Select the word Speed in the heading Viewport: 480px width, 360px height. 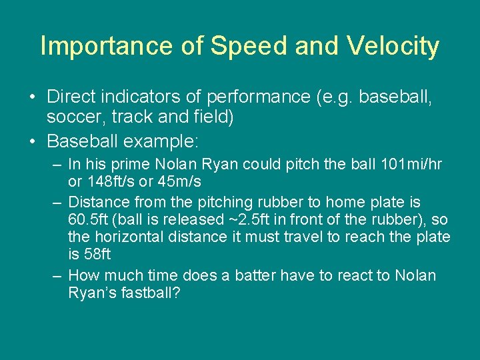click(237, 47)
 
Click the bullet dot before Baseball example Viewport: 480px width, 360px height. click(32, 142)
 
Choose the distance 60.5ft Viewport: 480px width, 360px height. click(89, 220)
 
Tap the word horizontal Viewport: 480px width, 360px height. click(126, 237)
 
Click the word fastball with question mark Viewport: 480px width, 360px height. click(151, 293)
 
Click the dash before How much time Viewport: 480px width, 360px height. click(59, 276)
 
